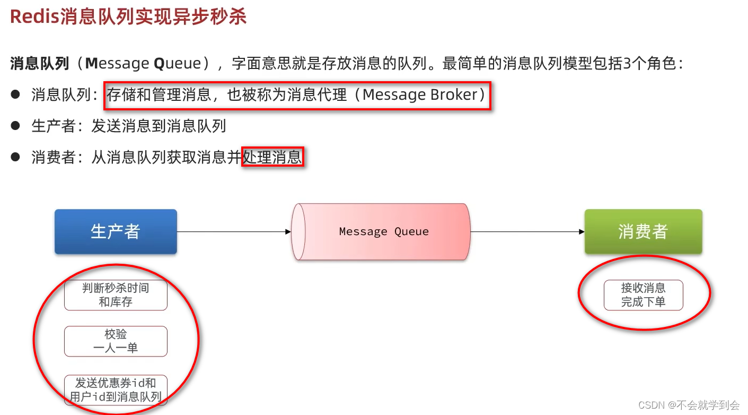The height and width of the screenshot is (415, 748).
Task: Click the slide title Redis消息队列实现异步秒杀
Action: [128, 17]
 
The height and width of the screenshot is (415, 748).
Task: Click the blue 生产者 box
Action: [116, 231]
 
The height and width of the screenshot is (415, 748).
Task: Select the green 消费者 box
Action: [643, 231]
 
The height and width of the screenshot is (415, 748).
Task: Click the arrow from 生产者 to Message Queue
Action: [233, 232]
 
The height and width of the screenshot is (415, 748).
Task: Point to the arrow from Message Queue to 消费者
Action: [527, 232]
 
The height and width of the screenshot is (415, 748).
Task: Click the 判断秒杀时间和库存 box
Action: [116, 295]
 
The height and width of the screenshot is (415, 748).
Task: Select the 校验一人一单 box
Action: [116, 341]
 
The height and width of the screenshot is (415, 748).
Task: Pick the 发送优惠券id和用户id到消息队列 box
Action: [116, 390]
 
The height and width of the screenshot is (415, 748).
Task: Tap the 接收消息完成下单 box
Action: [643, 295]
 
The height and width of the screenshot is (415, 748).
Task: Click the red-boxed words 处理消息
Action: [272, 157]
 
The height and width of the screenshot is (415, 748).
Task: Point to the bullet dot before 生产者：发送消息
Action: [15, 126]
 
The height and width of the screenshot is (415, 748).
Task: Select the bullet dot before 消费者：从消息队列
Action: [15, 157]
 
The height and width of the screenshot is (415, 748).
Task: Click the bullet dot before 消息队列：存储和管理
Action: [15, 95]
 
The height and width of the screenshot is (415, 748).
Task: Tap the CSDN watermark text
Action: [689, 405]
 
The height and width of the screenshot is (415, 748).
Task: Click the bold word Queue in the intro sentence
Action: [177, 64]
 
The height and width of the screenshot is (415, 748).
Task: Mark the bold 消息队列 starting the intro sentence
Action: [39, 64]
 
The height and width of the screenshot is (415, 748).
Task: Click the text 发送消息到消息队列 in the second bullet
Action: [159, 126]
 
